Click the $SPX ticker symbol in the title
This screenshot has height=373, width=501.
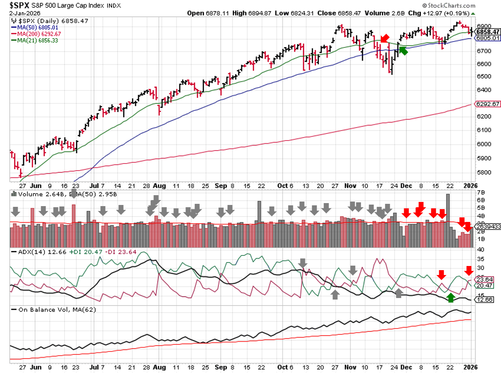(19, 5)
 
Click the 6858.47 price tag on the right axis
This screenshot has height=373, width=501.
(488, 32)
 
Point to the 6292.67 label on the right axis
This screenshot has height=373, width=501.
(488, 104)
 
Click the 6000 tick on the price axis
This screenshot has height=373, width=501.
(484, 144)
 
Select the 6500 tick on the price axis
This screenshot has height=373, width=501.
(484, 76)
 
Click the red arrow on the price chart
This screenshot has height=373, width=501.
(385, 38)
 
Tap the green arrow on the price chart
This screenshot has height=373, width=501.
(403, 50)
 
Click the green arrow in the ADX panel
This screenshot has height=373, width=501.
(450, 298)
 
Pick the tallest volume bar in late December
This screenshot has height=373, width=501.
(448, 220)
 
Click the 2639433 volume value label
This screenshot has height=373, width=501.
(488, 226)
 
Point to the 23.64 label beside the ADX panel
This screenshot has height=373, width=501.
(484, 280)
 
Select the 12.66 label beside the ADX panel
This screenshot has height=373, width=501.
(484, 300)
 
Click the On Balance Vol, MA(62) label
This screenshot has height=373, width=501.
(57, 310)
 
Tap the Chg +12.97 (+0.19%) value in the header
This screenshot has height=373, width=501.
(439, 13)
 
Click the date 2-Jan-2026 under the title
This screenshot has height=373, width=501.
(25, 13)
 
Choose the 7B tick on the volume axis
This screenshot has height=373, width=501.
(481, 193)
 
